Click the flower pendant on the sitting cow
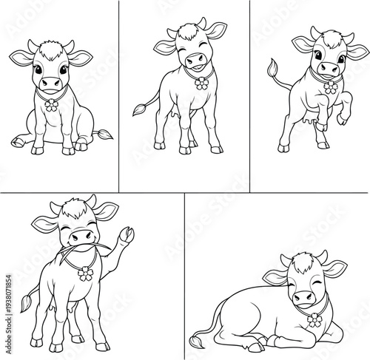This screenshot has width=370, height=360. tap(50, 105)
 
